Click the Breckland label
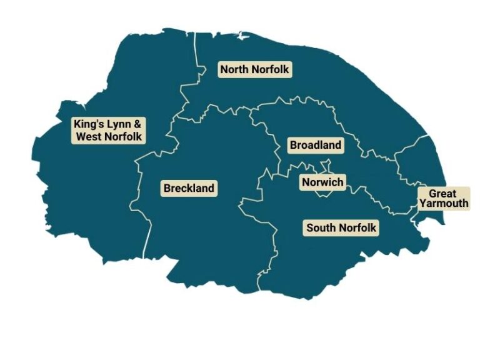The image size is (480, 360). pyautogui.click(x=189, y=188)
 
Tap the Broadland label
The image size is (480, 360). pyautogui.click(x=316, y=146)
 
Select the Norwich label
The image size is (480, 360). pyautogui.click(x=322, y=182)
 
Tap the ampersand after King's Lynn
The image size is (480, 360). pyautogui.click(x=139, y=124)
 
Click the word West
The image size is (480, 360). pyautogui.click(x=89, y=136)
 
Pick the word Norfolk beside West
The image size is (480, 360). pyautogui.click(x=124, y=136)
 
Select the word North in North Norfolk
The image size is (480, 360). pyautogui.click(x=233, y=69)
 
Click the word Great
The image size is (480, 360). pyautogui.click(x=442, y=194)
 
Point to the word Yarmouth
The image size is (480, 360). pyautogui.click(x=444, y=203)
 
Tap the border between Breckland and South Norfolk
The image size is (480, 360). pyautogui.click(x=273, y=250)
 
